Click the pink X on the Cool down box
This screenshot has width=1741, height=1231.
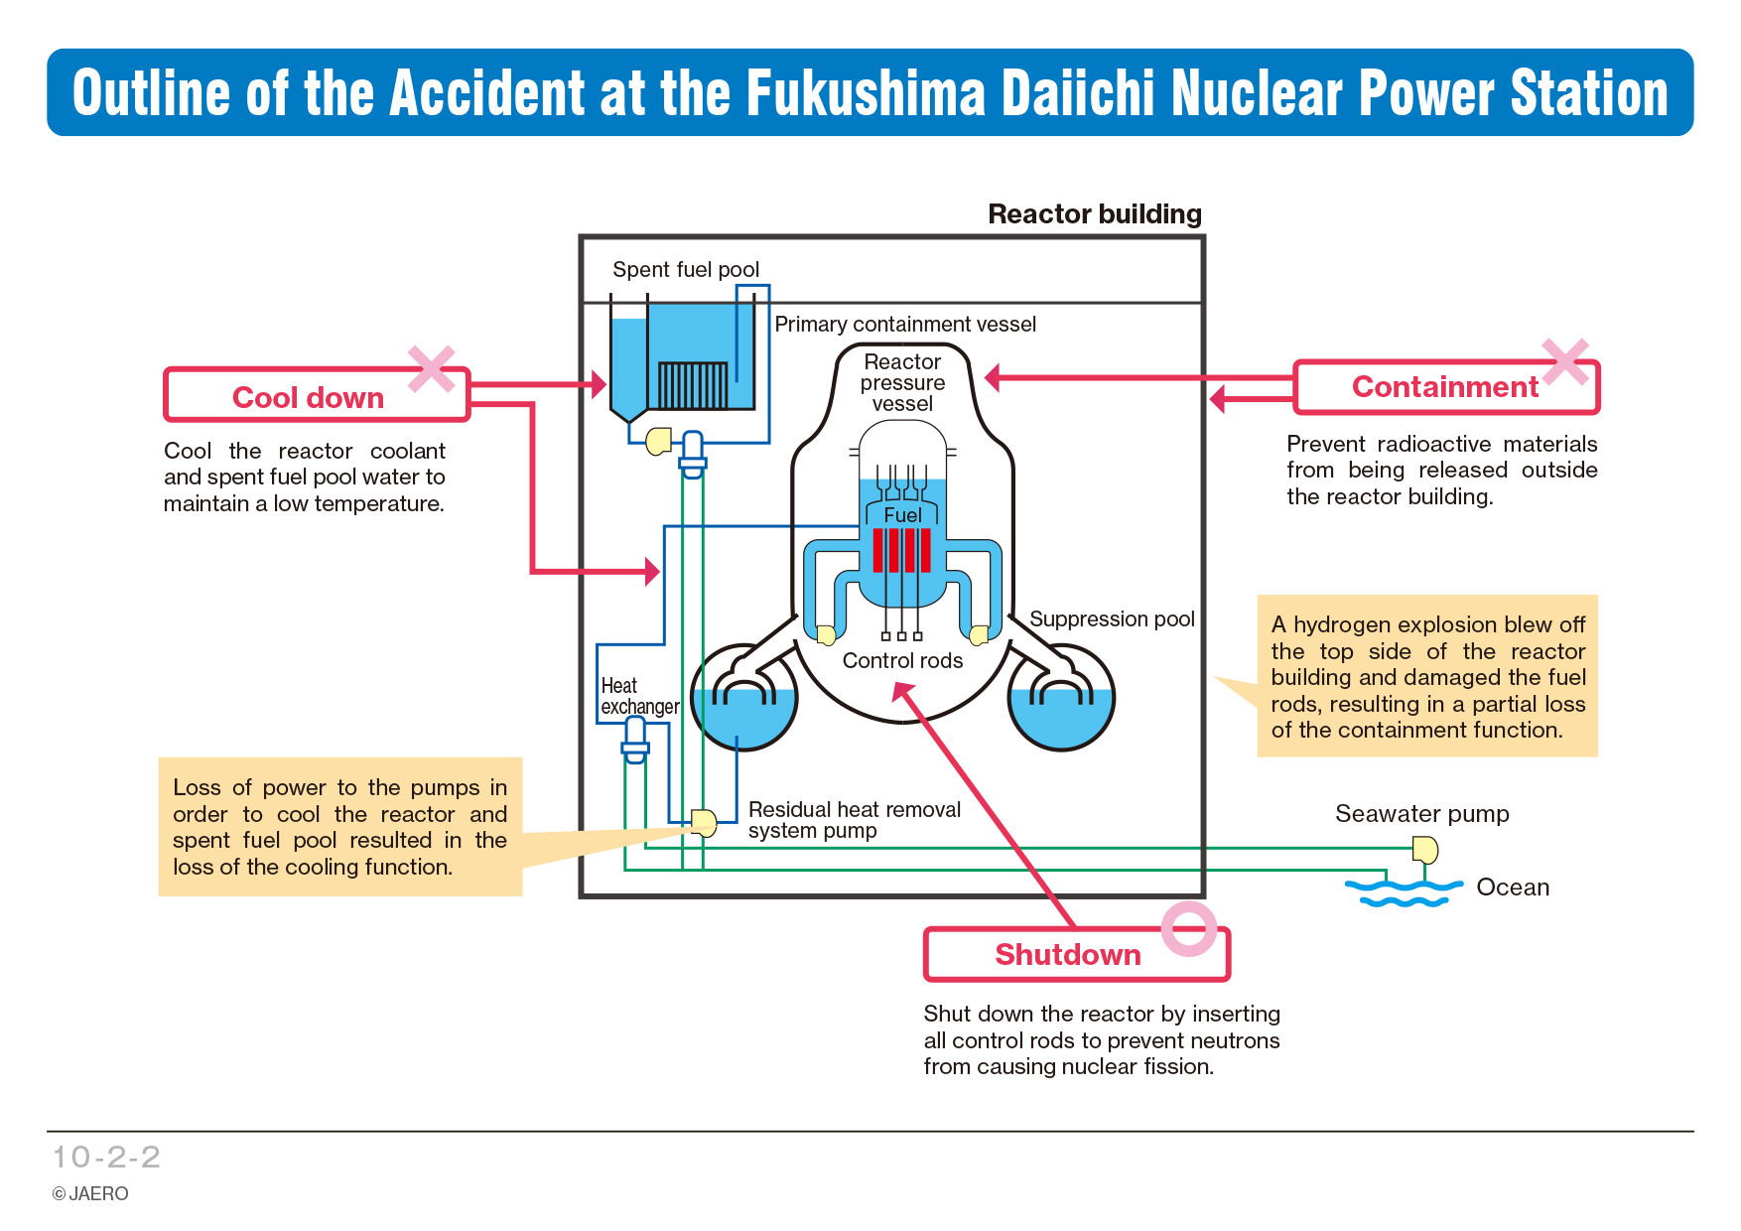432,368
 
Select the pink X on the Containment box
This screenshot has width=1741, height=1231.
1565,361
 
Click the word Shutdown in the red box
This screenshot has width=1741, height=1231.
1068,954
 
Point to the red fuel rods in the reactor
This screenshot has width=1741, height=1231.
902,550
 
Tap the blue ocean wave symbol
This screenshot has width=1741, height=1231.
1404,891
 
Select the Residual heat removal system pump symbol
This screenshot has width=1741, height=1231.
704,823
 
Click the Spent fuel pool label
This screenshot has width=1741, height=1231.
686,270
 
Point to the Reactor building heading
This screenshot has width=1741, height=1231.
1095,214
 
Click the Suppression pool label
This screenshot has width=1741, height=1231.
1112,619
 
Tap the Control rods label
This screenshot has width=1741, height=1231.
902,661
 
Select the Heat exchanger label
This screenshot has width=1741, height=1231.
639,696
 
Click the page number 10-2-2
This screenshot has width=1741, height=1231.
106,1157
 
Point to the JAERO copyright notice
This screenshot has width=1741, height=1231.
90,1193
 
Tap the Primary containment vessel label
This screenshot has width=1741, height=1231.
905,325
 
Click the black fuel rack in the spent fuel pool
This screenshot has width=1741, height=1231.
693,385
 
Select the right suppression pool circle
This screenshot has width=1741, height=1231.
1061,697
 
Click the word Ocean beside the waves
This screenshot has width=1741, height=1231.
1513,888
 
